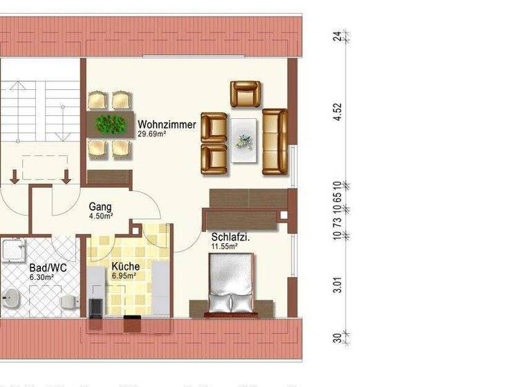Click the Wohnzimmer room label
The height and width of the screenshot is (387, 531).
167,125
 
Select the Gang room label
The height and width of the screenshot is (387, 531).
100,206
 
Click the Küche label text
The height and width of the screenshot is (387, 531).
126,266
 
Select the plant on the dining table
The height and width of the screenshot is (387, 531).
111,124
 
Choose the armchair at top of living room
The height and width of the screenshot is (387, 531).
245,94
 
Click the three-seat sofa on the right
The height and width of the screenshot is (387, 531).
274,142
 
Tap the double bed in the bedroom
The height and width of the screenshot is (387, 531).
231,284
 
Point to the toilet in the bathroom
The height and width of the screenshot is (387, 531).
68,302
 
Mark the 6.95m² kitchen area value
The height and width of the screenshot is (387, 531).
124,276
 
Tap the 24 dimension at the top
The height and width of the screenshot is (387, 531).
337,37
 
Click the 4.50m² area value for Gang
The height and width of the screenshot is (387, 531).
100,216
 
